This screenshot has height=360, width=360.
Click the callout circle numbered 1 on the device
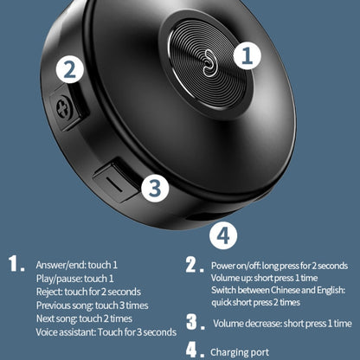(248, 55)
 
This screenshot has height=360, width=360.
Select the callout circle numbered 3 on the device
(153, 187)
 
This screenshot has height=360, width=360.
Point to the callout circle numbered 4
(223, 235)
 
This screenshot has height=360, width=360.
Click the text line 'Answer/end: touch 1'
(76, 265)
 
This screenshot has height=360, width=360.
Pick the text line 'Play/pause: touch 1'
(74, 279)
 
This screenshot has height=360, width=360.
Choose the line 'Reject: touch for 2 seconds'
(87, 292)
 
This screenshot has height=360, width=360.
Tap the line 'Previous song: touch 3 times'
(91, 305)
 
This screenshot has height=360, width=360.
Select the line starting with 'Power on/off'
(280, 265)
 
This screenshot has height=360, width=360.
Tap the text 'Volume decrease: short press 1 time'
(282, 324)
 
